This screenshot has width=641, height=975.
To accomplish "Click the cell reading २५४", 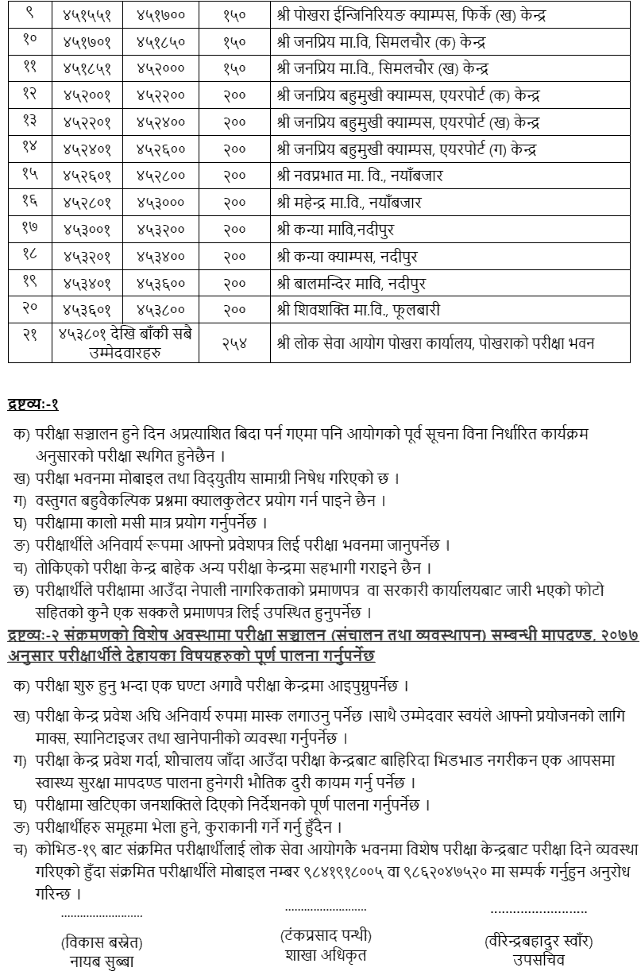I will tap(234, 342).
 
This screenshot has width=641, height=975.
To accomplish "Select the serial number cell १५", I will tap(29, 176).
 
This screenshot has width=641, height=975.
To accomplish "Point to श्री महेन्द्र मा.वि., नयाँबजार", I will tap(350, 203).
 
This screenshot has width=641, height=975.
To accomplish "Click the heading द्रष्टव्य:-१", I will tap(33, 404).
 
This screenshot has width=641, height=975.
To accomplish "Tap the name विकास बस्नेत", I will tap(102, 942).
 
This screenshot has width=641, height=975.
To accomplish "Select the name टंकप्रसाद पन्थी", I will tap(326, 934).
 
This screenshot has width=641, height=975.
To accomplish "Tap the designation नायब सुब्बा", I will tap(102, 961).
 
